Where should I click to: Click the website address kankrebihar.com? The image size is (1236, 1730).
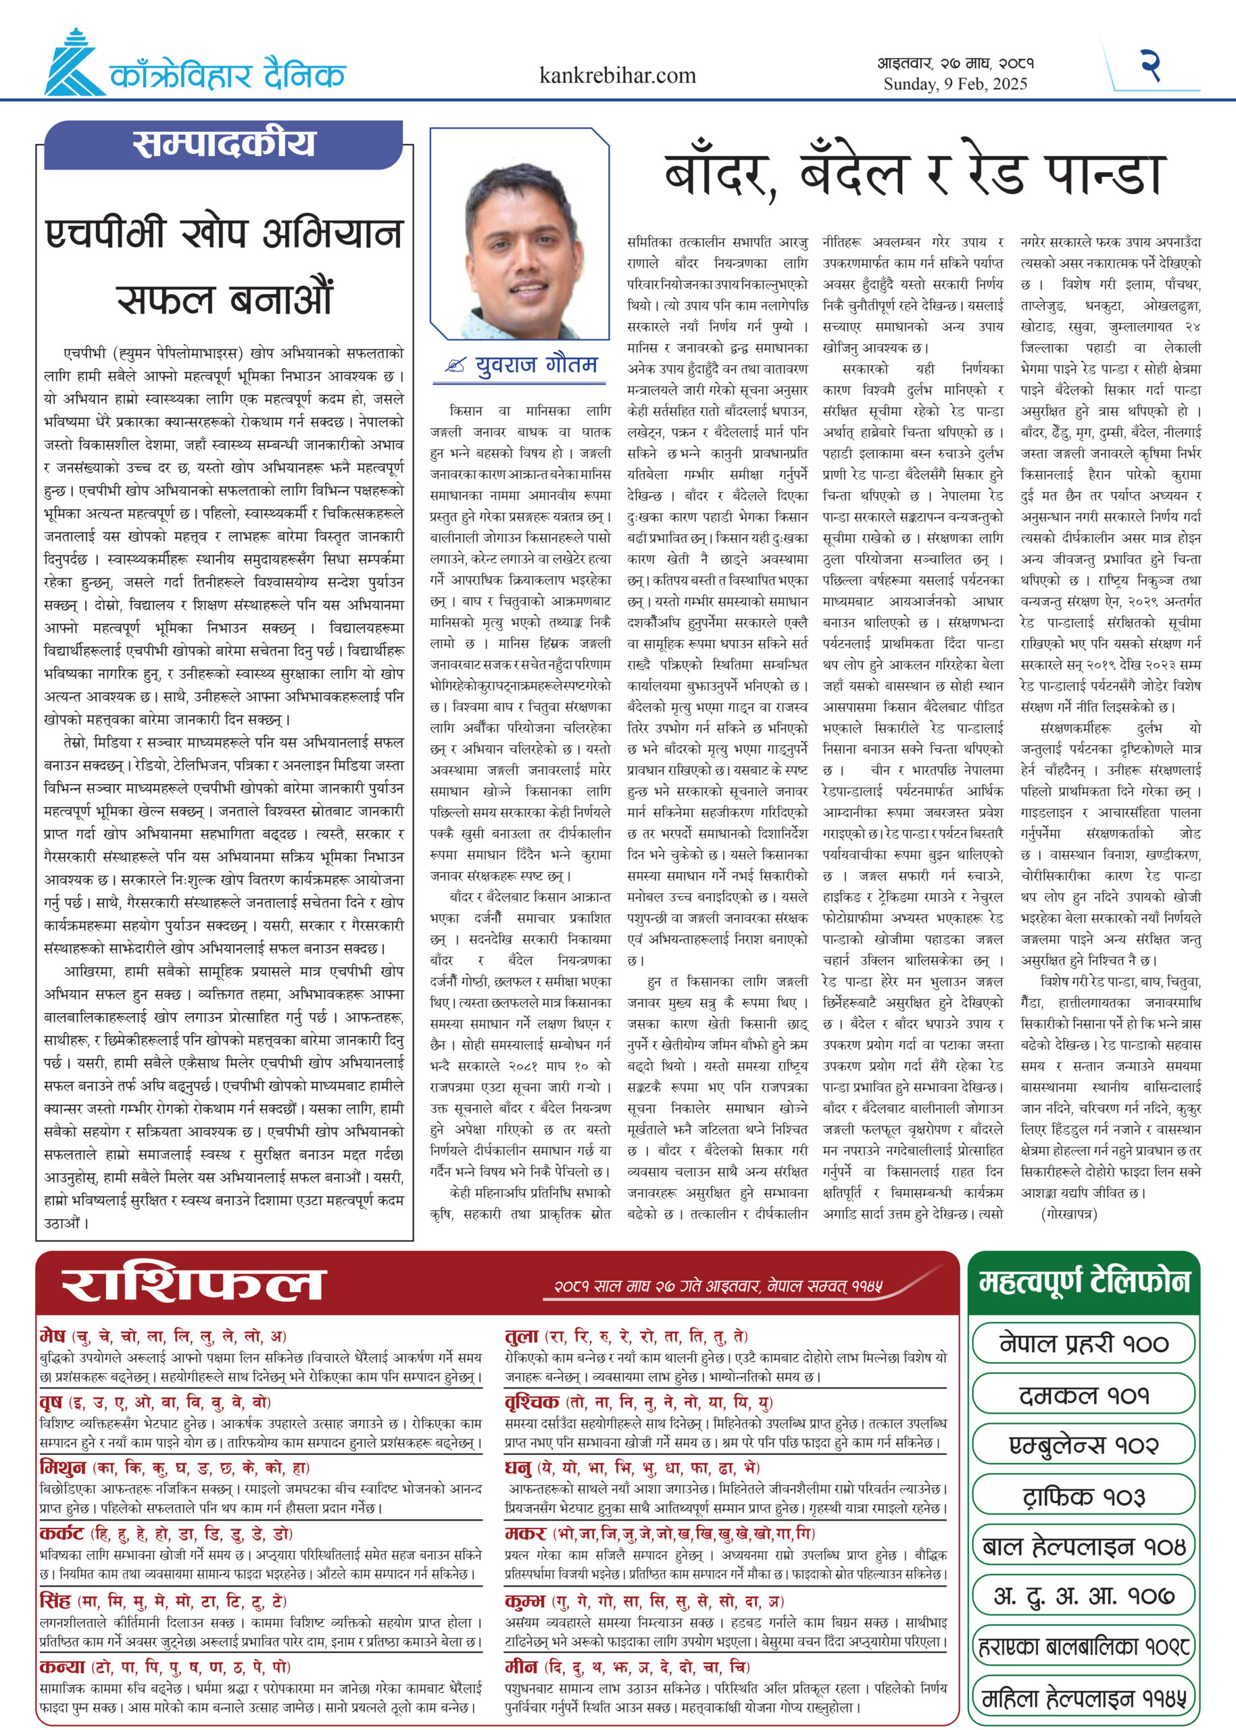(x=617, y=76)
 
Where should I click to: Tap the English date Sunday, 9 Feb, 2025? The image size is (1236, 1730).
(x=955, y=84)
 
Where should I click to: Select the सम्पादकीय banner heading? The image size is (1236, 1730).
(x=224, y=145)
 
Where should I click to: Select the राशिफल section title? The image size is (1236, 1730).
(x=193, y=1285)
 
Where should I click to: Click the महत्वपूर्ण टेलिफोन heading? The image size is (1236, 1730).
(x=1084, y=1283)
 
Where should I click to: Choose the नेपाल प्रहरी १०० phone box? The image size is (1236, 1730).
(x=1084, y=1343)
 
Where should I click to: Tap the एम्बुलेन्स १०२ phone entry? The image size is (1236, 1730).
(x=1084, y=1445)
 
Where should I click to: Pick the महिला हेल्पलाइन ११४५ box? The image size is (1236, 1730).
(x=1084, y=1698)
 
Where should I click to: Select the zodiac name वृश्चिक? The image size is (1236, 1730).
(x=532, y=1402)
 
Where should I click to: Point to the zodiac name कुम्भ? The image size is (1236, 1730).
(x=525, y=1602)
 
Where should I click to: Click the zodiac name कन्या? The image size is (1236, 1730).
(x=62, y=1668)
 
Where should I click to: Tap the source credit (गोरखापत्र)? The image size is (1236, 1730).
(x=1068, y=1214)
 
